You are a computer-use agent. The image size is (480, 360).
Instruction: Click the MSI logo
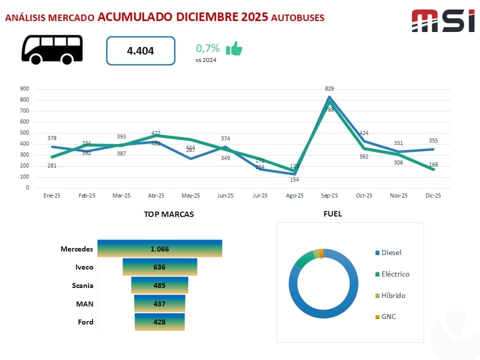442,21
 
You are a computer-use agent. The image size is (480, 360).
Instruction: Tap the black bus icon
52,49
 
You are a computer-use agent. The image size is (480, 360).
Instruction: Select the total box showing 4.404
140,50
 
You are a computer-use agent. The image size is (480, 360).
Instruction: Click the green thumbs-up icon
234,48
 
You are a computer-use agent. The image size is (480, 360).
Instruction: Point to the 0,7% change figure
207,48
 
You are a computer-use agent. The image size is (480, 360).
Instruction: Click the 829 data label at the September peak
329,88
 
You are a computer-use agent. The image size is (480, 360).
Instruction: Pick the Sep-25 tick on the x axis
329,196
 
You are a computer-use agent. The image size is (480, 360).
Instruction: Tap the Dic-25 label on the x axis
433,196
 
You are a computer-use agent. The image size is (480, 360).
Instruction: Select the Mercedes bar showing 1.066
159,248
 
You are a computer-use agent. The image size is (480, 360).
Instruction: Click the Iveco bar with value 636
159,267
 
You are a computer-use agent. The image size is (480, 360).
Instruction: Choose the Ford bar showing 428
159,322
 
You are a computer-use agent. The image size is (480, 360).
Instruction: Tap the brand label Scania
82,285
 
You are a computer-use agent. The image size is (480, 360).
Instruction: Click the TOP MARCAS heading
169,214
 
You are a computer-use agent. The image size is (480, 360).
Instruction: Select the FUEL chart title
332,214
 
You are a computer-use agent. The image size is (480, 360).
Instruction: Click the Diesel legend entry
391,252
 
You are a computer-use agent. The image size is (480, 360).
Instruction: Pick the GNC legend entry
388,316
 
